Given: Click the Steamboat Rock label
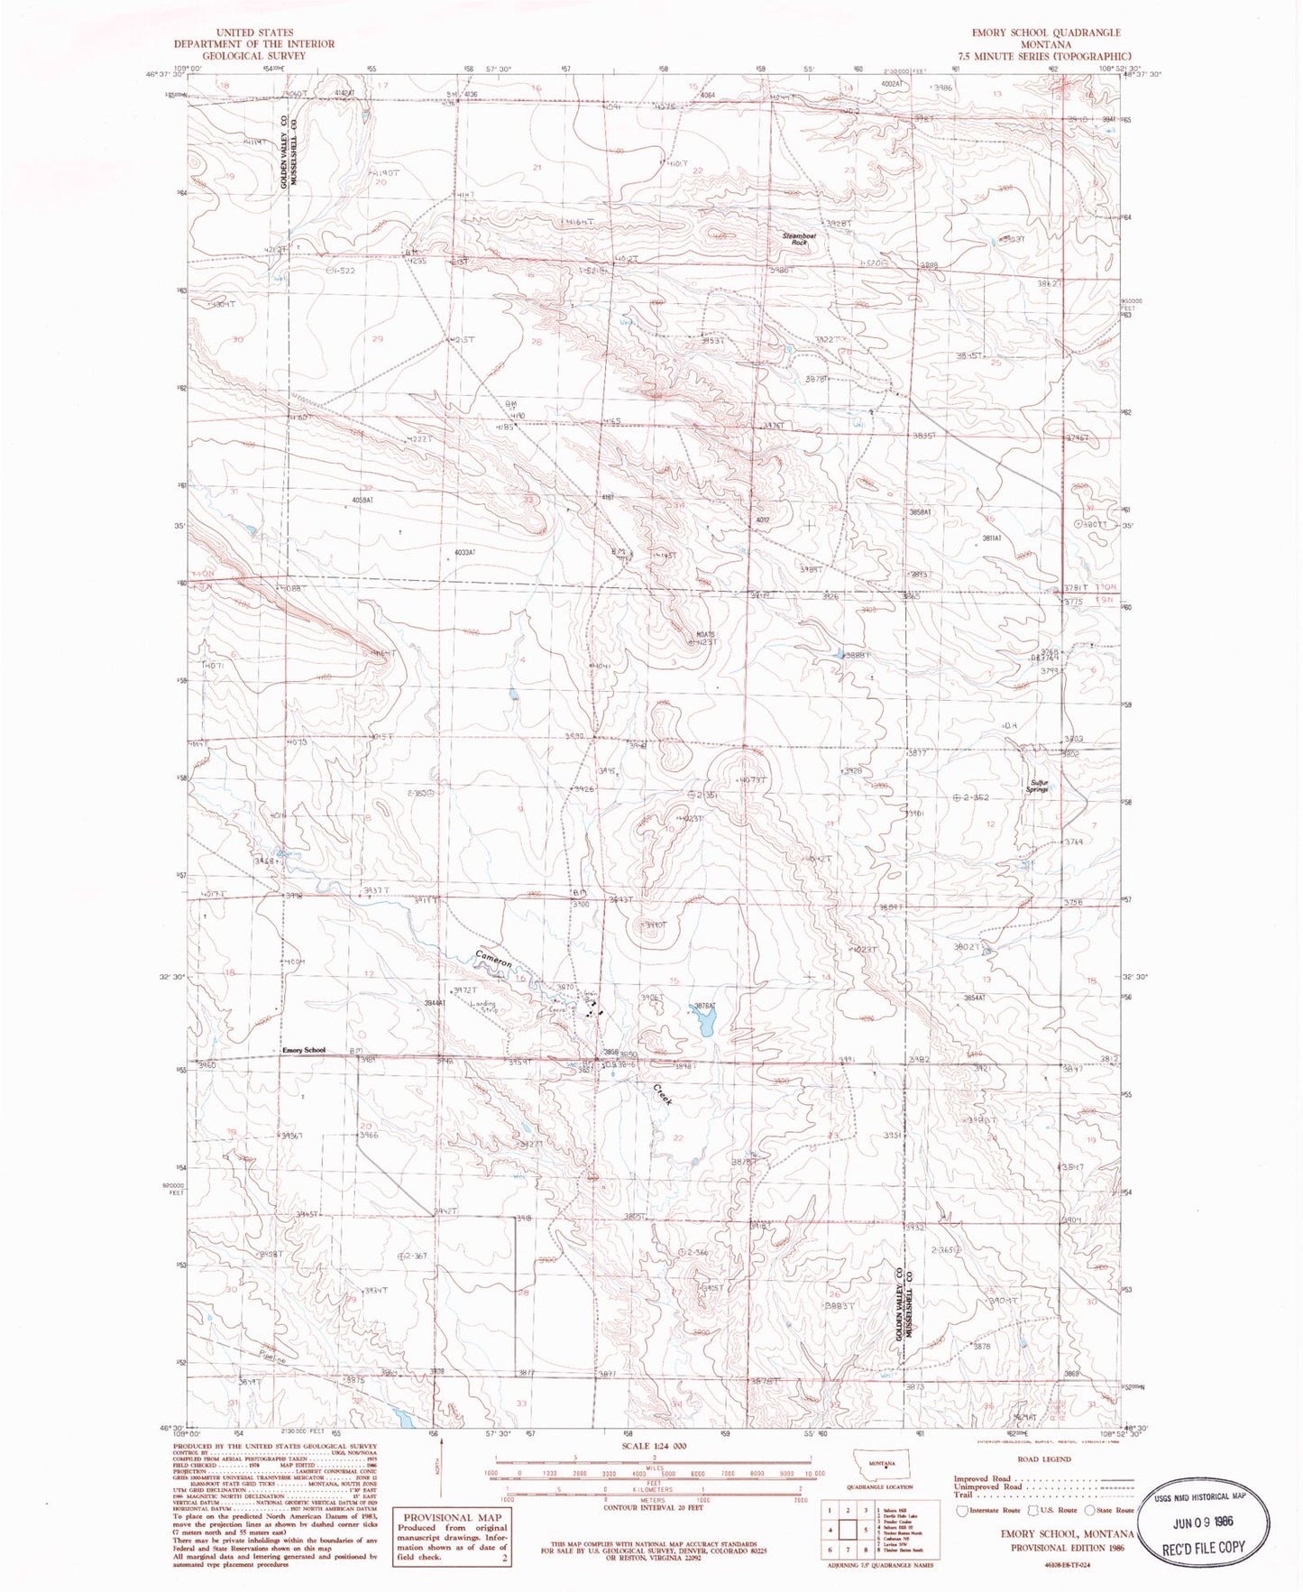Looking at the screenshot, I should (x=798, y=239).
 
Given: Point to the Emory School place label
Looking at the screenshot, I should (x=303, y=1050).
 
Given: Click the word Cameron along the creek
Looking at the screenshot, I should (x=493, y=961).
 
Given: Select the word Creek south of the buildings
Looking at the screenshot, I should (x=663, y=1095).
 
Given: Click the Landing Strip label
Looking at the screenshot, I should (x=483, y=1007).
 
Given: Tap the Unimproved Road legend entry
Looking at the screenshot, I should (x=990, y=1486).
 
